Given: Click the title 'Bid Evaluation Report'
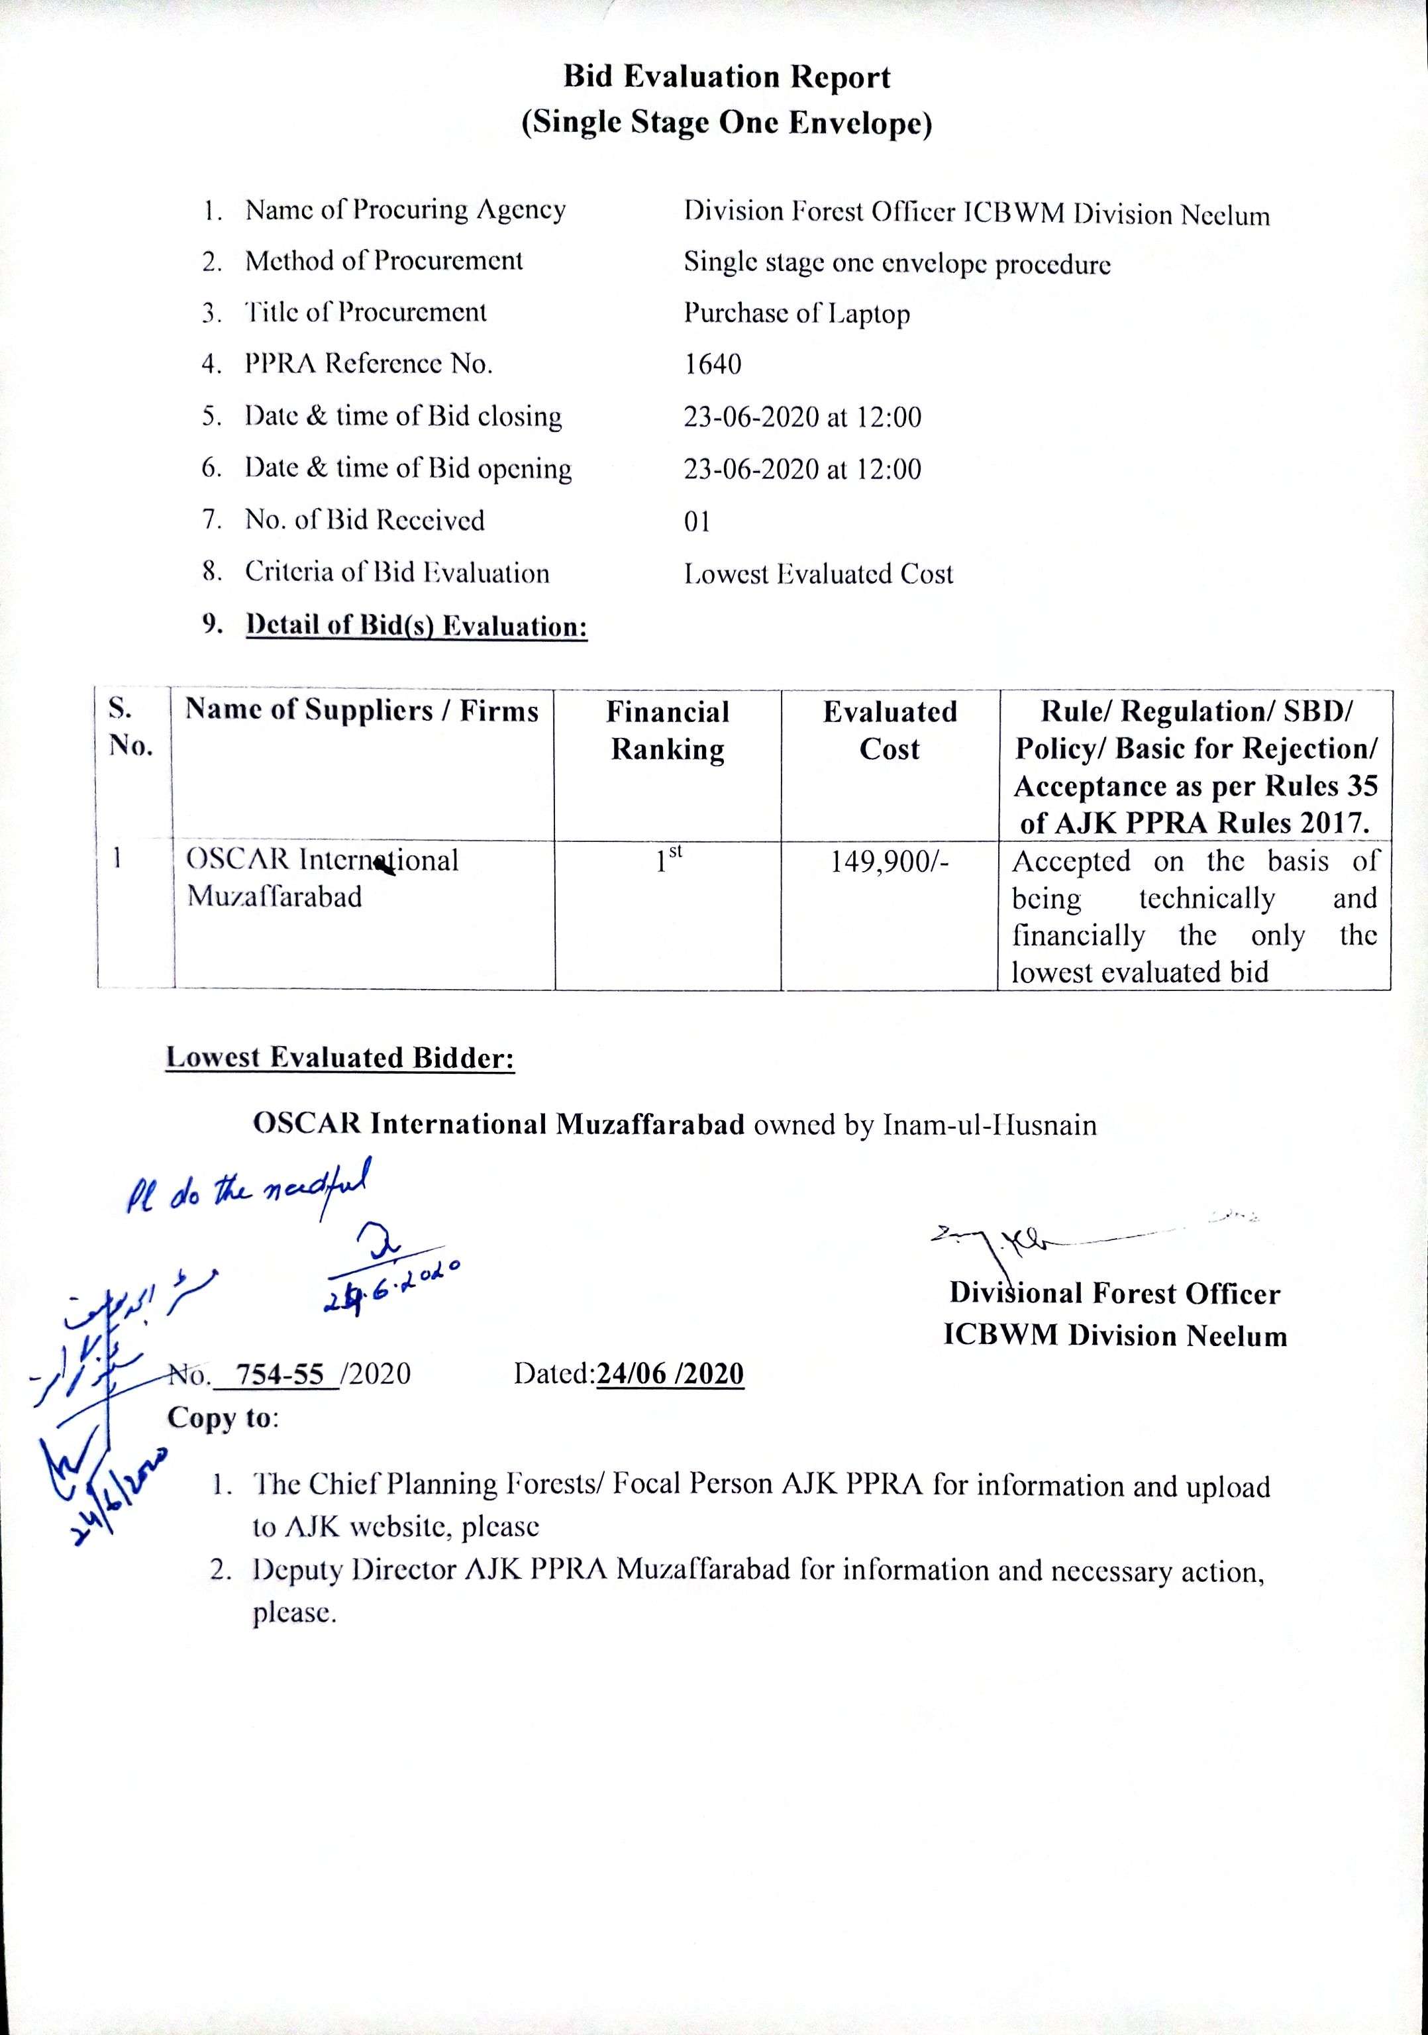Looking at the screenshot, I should click(x=727, y=78).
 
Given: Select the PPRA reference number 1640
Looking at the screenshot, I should click(x=712, y=364).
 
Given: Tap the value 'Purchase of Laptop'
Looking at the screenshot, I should click(x=796, y=314).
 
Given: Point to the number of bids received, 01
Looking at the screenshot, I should click(x=697, y=521).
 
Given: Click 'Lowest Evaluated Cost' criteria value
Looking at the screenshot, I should click(x=818, y=574).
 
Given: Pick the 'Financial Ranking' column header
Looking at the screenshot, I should click(x=668, y=730).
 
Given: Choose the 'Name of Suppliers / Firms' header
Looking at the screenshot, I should click(x=362, y=711).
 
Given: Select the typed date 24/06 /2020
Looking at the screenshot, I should click(x=670, y=1375).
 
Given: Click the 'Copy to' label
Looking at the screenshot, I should click(x=222, y=1418).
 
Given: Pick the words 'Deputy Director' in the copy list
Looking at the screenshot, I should click(x=353, y=1571).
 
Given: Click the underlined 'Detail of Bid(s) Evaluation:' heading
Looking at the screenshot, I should click(x=417, y=627).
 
